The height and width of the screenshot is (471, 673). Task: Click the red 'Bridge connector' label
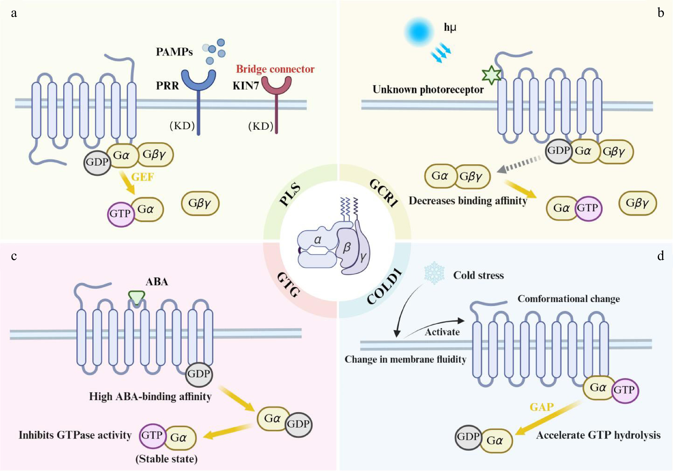click(275, 69)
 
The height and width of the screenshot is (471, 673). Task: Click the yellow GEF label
click(142, 177)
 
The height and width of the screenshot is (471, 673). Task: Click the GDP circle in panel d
click(468, 437)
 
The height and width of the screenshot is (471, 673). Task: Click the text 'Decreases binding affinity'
click(468, 201)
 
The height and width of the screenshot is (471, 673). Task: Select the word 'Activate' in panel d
click(442, 332)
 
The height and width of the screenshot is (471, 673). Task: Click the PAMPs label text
click(174, 52)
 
